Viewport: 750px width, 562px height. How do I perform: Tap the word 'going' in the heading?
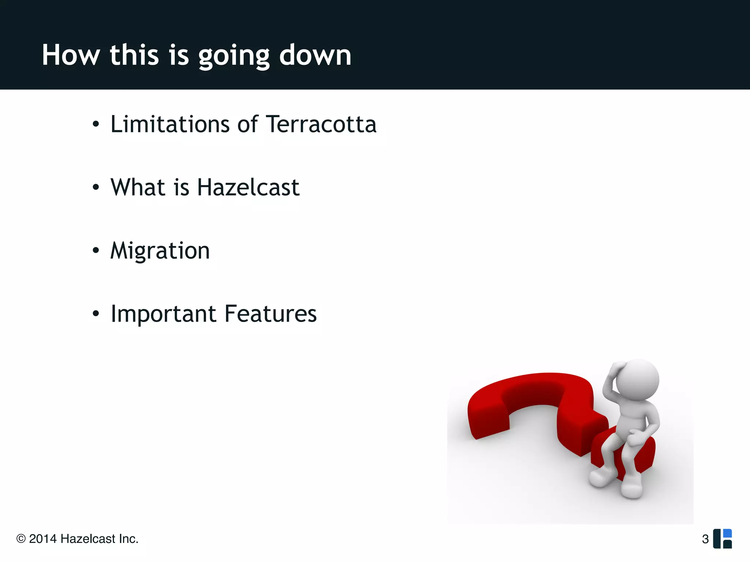(x=234, y=56)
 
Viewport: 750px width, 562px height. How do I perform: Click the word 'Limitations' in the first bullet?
(x=170, y=124)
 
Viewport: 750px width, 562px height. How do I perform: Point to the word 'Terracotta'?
(x=321, y=124)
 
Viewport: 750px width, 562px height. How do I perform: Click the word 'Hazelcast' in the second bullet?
(x=248, y=187)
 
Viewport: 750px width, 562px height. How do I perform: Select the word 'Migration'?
(x=160, y=251)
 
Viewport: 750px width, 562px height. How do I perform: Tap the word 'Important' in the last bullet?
(x=163, y=314)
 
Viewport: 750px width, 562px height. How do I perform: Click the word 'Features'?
(x=270, y=314)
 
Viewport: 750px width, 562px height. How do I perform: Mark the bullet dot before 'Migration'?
(x=96, y=251)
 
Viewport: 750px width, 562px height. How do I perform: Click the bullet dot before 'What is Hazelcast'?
(x=96, y=187)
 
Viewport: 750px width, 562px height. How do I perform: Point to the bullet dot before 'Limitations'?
(x=96, y=124)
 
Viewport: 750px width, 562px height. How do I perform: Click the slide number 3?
(x=705, y=539)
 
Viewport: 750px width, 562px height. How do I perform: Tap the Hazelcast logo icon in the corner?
(x=723, y=539)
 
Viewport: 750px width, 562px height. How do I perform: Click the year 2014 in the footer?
(x=43, y=539)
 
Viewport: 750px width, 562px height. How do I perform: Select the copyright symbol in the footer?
(x=21, y=539)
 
